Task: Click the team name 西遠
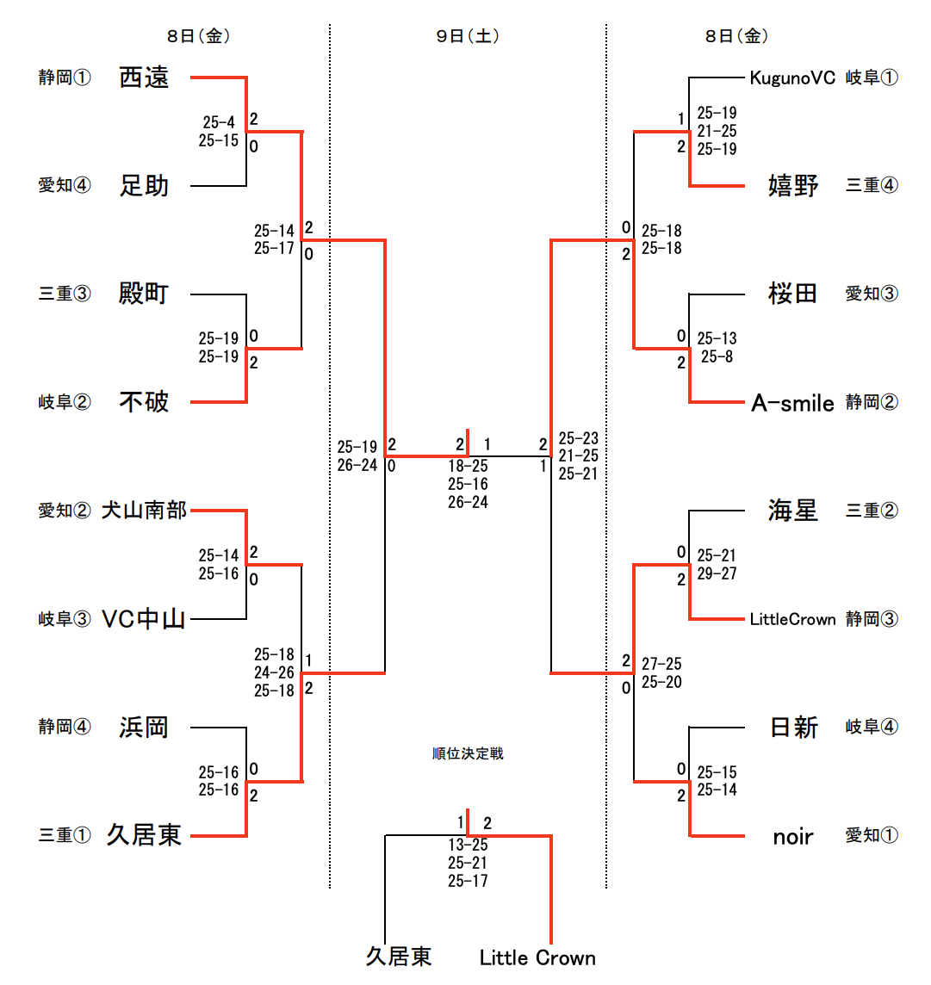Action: click(144, 77)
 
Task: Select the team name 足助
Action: click(144, 186)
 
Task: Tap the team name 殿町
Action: click(144, 294)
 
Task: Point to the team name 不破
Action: click(144, 402)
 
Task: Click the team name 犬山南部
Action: click(144, 511)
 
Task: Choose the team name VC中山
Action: click(144, 619)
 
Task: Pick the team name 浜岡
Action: click(144, 728)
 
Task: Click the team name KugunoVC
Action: click(792, 77)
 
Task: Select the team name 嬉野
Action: click(792, 186)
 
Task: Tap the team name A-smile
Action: click(792, 403)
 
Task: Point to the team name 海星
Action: click(792, 511)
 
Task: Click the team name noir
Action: click(792, 836)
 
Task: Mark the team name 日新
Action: click(792, 728)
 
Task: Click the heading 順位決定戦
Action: click(468, 754)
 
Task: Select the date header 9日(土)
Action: click(468, 36)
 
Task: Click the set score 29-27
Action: click(717, 573)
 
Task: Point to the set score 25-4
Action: click(219, 122)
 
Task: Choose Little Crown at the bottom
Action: click(537, 957)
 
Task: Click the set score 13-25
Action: click(468, 845)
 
